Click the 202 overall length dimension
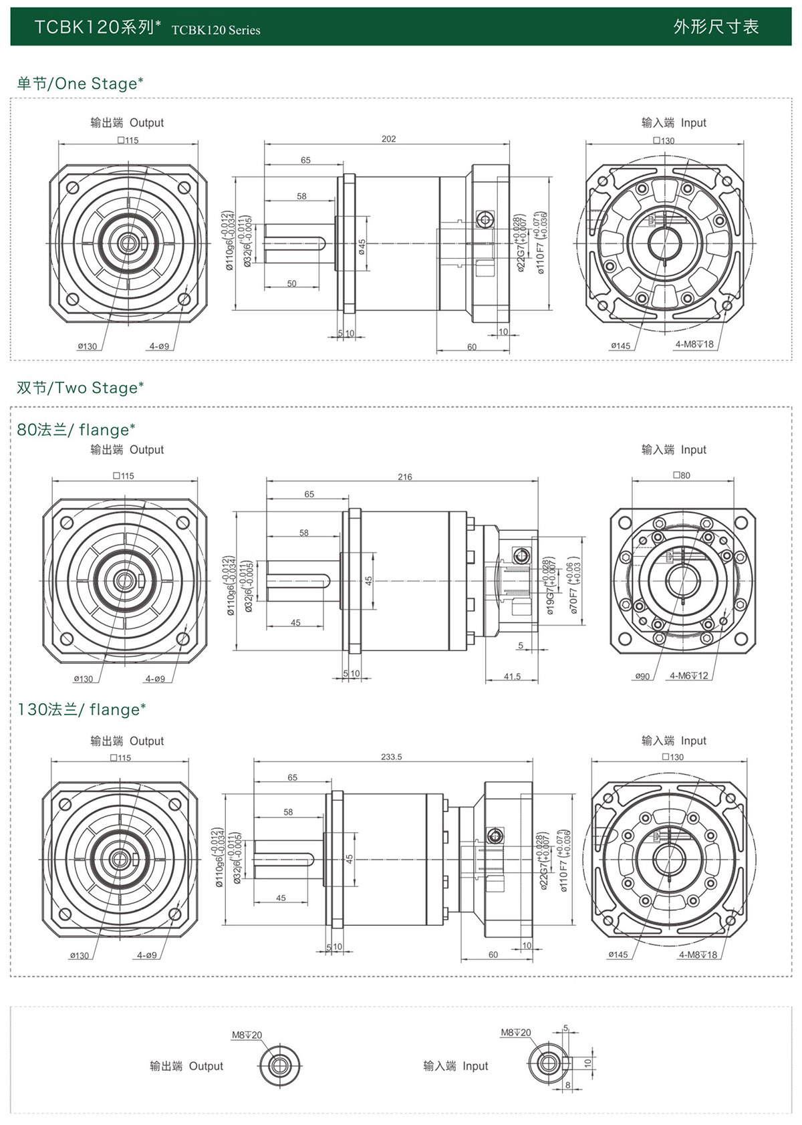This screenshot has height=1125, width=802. pos(388,139)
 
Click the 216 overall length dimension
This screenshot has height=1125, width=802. pos(405,477)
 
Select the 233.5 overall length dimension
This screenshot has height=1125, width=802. pos(392,757)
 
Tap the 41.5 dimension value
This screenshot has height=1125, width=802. pos(512,676)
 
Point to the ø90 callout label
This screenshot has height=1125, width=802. pos(642,676)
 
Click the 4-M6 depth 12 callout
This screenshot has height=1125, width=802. pos(688,676)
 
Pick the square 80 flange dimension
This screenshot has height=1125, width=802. pos(682,475)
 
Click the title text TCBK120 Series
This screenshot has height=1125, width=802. pos(216,30)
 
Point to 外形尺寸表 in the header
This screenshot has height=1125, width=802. pos(716,27)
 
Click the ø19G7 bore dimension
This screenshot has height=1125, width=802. pos(550,586)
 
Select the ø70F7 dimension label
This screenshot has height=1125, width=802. pos(574,586)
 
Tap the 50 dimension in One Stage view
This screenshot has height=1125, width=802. pos(292,283)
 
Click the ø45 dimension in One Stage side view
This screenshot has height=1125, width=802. pos(362,247)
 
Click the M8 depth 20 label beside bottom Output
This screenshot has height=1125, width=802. pos(247,1035)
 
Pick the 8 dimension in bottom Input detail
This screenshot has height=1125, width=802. pos(568,1085)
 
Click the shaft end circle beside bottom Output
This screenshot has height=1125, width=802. pos(279,1065)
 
